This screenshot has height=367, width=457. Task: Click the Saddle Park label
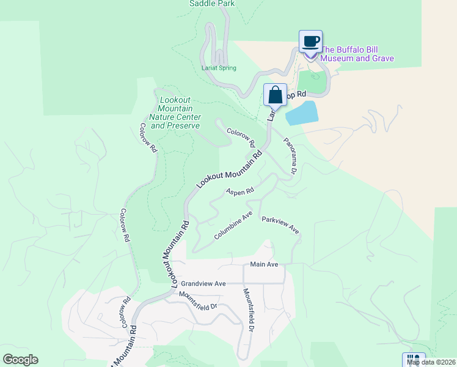click(x=212, y=4)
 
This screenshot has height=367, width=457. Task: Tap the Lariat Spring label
click(x=219, y=68)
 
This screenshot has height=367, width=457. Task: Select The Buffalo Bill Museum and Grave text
click(x=357, y=54)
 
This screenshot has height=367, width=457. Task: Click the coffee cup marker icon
click(x=310, y=42)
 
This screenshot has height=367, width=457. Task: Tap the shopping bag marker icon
click(x=275, y=95)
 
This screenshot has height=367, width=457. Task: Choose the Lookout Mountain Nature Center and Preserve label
click(x=175, y=113)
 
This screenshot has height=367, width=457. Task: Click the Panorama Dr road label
click(x=290, y=155)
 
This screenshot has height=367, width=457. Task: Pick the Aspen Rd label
click(x=239, y=191)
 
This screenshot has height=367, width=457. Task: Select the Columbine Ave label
click(x=233, y=226)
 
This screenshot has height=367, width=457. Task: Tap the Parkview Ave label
click(x=280, y=225)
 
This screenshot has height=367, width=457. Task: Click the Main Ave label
click(x=264, y=264)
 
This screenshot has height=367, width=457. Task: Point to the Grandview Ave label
click(x=203, y=284)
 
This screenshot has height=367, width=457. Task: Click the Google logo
click(x=20, y=360)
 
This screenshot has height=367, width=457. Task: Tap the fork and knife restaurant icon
click(x=413, y=360)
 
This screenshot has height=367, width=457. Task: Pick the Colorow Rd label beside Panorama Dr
click(x=241, y=137)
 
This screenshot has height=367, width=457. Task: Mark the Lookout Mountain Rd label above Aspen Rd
click(x=230, y=170)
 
